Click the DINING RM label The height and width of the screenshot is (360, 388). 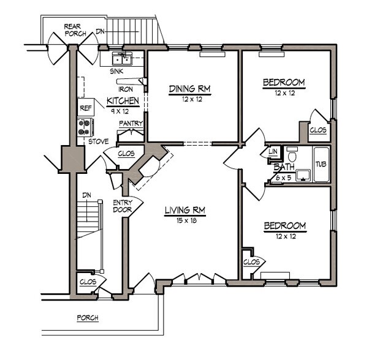point(189,89)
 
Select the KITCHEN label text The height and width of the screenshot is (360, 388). point(123,101)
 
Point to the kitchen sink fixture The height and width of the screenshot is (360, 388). point(121,59)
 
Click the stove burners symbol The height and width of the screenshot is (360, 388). point(85,127)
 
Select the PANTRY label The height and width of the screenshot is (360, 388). point(131,124)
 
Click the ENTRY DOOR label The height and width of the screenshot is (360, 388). point(123,206)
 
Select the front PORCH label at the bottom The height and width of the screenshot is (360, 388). point(88,318)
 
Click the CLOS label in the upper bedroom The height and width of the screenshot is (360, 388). point(318,130)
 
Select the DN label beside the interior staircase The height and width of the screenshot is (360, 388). point(87,195)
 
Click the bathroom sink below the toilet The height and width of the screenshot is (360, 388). point(301,176)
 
